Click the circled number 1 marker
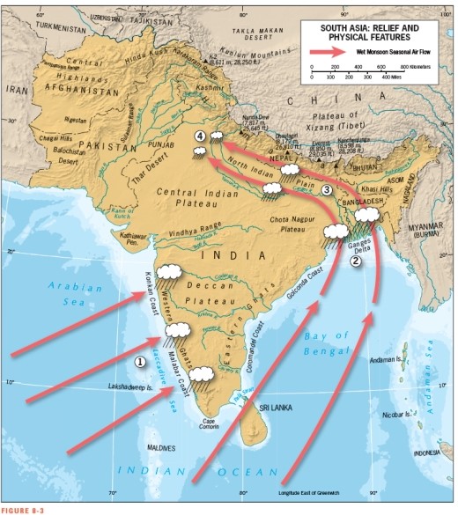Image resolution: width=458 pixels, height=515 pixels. click(139, 361)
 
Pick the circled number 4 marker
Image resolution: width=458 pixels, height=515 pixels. click(201, 136)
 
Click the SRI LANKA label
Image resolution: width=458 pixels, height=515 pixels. click(276, 408)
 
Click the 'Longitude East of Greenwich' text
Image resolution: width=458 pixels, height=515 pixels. click(314, 492)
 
